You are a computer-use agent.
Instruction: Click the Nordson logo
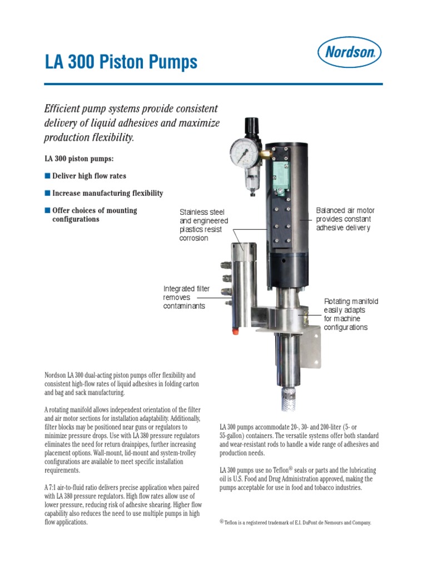click(349, 53)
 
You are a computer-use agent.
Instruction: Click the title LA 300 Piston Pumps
click(121, 62)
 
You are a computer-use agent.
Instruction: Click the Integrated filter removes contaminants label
click(186, 297)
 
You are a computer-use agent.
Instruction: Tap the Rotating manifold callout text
click(351, 315)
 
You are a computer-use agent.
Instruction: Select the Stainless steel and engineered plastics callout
click(203, 225)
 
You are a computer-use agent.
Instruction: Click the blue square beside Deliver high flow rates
click(47, 176)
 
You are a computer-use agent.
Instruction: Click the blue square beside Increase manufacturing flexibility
click(47, 193)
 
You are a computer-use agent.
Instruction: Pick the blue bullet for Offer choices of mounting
click(47, 210)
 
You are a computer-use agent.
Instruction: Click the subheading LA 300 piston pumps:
click(79, 159)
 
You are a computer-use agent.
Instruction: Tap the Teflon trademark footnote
click(295, 523)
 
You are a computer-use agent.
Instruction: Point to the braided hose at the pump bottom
click(288, 400)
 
